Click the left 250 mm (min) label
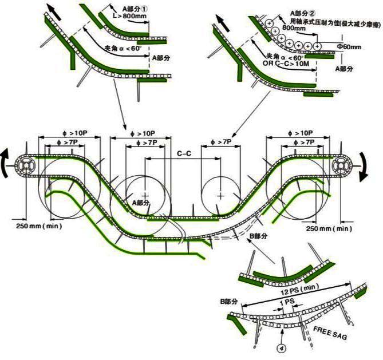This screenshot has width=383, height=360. [39, 227]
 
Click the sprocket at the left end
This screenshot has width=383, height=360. [27, 166]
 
